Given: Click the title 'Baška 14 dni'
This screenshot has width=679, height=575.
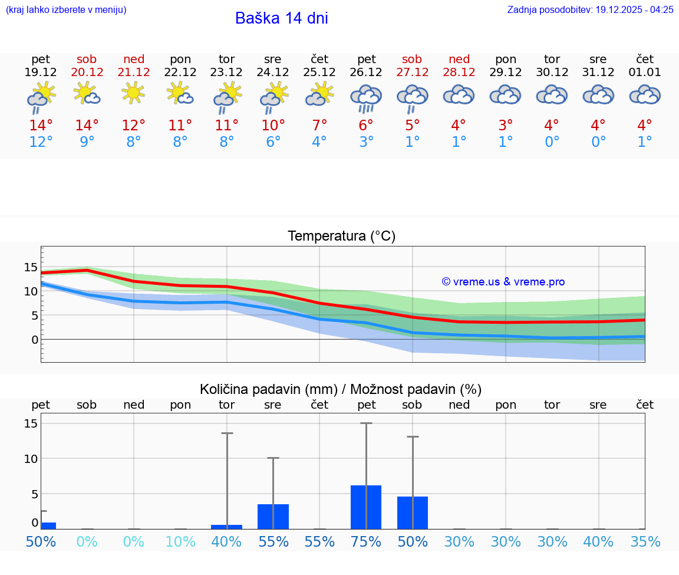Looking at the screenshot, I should point(281,18).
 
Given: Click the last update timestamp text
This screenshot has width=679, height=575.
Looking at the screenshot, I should point(590,9).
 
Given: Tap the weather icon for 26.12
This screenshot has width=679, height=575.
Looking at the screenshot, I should point(366,97).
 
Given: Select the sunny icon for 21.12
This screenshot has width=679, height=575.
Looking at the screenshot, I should point(133,93).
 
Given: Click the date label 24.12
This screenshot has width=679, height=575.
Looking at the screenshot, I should point(272,73).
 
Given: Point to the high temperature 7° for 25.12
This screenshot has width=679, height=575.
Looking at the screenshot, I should point(319,126).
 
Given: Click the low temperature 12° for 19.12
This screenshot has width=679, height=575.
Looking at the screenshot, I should point(40,142).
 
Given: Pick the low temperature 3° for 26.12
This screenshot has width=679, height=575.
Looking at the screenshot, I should point(366,142).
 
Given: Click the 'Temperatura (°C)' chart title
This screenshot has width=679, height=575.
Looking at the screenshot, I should point(341,236).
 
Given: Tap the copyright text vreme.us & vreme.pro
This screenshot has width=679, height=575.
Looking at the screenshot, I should point(503,282).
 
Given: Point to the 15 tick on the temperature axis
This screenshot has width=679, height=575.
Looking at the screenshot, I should point(31,267).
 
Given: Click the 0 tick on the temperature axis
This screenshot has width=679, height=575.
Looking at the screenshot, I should point(35,340).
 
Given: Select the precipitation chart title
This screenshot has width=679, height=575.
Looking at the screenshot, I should point(341,389).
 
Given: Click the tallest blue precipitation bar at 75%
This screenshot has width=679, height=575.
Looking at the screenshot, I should point(366,507).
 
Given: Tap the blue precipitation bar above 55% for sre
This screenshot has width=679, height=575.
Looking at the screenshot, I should point(273,517).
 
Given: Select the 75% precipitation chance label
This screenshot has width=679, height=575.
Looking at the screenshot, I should point(366,542).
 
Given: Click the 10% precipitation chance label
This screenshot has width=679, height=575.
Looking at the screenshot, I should point(180,542).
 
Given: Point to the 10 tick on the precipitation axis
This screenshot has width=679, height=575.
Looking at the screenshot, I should point(31,459).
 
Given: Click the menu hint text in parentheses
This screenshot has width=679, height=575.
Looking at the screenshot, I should point(66,9).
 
